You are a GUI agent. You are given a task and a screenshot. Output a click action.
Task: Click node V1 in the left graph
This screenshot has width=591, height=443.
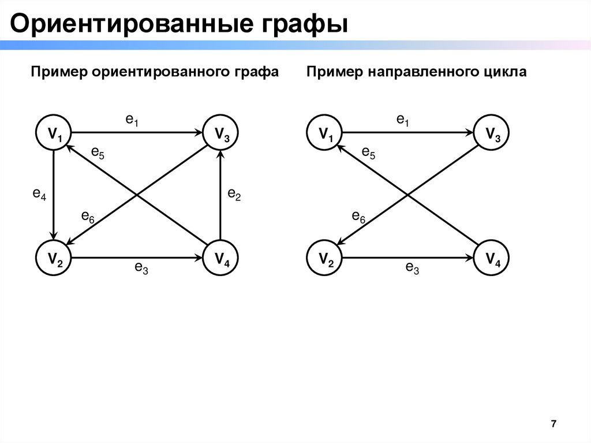[x=54, y=134]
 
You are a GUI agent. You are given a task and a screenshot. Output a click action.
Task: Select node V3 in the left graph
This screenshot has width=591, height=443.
[x=221, y=134]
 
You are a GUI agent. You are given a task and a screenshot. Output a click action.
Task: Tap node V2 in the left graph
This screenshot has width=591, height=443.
[x=54, y=258]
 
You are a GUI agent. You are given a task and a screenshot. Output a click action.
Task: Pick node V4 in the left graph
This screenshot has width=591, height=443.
[x=221, y=258]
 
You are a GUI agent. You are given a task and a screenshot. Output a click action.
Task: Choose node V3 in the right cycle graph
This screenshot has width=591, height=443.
[x=492, y=134]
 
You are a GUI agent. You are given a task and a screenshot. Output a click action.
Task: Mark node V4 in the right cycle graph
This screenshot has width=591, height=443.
[x=492, y=258]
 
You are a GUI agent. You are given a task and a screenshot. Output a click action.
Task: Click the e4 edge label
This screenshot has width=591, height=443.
[x=39, y=195]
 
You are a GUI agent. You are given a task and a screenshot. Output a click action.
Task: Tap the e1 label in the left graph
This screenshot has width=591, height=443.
[x=133, y=120]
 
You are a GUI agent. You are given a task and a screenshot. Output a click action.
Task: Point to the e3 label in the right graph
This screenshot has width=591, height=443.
[x=412, y=267]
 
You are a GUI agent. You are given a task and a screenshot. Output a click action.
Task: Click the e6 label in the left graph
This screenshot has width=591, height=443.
[x=88, y=217]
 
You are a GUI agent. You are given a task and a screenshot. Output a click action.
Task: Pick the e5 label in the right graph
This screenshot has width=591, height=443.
[x=368, y=153]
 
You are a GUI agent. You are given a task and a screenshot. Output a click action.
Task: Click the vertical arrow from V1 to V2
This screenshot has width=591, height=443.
[x=54, y=196]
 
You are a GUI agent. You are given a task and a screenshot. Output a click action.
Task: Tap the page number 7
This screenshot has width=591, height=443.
[x=553, y=425]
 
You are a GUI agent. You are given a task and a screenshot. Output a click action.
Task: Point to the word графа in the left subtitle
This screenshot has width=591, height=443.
[x=252, y=72]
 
